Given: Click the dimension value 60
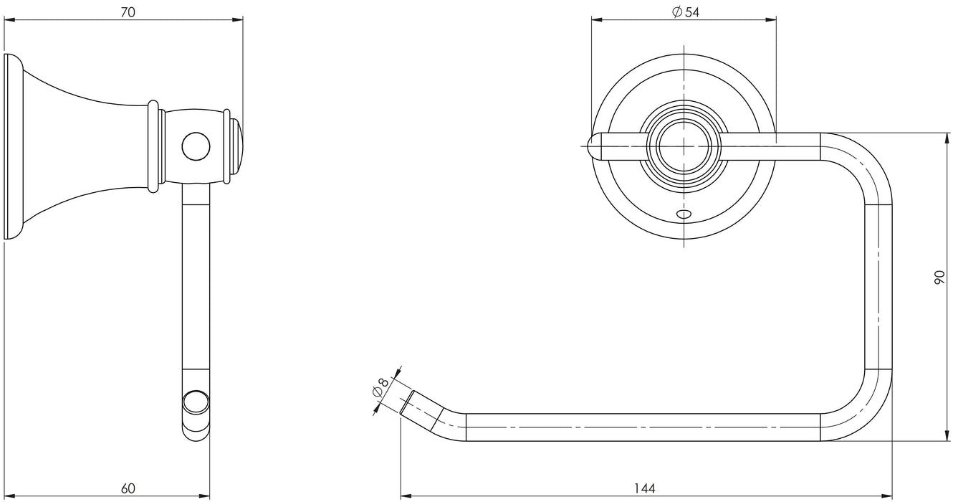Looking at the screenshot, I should (x=128, y=489).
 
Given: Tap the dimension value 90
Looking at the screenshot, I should (x=940, y=278).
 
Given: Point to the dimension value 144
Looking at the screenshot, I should (x=645, y=489).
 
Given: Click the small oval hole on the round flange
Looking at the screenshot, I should (x=685, y=214).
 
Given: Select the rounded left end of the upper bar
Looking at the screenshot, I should (x=594, y=146).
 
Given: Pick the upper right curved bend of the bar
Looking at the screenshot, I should (x=863, y=161).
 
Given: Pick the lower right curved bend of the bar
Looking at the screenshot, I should (x=863, y=412).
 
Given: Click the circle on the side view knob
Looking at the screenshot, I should (x=196, y=146).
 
